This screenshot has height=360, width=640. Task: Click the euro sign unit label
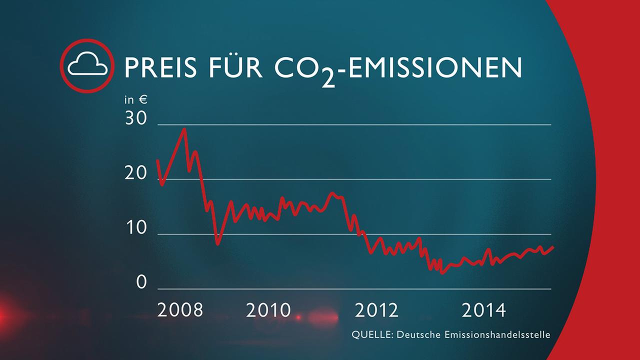142,99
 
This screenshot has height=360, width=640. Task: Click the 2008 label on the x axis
180,310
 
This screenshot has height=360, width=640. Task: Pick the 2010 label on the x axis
268,310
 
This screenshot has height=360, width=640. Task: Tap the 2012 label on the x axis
376,310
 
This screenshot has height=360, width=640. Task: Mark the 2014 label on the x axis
483,310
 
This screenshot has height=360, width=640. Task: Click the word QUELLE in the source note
372,334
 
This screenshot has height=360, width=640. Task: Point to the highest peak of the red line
184,128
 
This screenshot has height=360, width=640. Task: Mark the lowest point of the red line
442,273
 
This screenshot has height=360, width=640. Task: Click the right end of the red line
552,247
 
